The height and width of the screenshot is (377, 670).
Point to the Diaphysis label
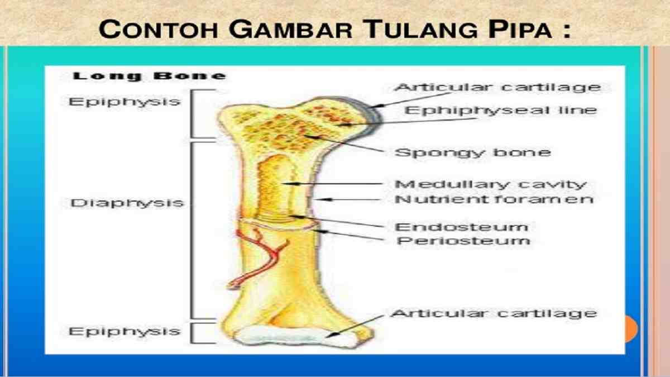(127, 203)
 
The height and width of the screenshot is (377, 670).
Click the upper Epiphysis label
(125, 102)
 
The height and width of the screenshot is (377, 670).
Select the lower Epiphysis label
(125, 331)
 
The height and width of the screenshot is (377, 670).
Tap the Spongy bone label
(472, 152)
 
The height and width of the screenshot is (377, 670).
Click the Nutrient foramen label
(494, 199)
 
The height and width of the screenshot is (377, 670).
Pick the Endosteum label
(461, 227)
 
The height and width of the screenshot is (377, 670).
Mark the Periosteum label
(462, 241)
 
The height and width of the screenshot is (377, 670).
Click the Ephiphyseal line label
(500, 110)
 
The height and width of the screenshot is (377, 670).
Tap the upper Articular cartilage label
(497, 87)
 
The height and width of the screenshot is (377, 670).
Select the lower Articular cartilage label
(494, 313)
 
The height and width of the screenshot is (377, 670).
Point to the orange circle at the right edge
(630, 328)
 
